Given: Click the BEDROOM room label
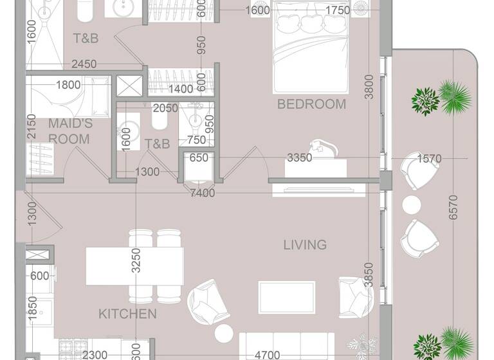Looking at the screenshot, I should tap(311, 104).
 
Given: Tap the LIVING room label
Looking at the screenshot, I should tap(306, 245).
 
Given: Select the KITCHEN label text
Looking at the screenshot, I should tap(127, 314).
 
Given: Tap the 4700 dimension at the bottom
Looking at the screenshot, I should tap(267, 354).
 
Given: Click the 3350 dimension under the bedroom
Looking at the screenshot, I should tap(299, 157).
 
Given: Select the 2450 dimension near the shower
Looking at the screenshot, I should tap(84, 64).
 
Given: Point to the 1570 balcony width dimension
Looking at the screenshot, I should tap(430, 158).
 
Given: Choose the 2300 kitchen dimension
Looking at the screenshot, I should tap(95, 354).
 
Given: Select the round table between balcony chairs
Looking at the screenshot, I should tap(411, 204).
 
